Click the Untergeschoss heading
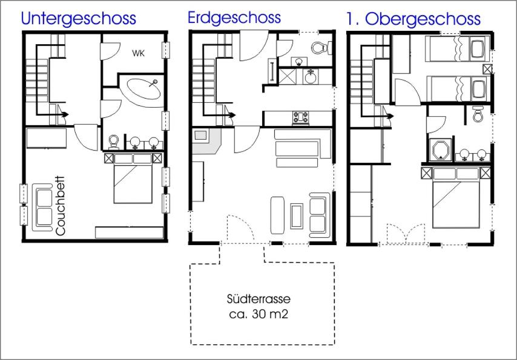pos(79,19)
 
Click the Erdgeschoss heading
pos(234,18)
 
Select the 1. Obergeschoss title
pos(413,19)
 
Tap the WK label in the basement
pos(138,53)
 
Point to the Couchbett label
pos(61,206)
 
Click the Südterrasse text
pos(259,299)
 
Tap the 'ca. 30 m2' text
pos(259,314)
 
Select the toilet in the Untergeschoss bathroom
pos(114,142)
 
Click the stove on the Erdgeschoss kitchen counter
pos(301,118)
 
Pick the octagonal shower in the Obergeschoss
pos(441,150)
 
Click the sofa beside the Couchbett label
pos(42,208)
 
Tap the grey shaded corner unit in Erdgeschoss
pos(206,142)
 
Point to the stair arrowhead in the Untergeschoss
pos(65,114)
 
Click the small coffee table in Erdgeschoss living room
pos(297,216)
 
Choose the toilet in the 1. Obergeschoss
pos(477,114)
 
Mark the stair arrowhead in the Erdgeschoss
pos(232,115)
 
